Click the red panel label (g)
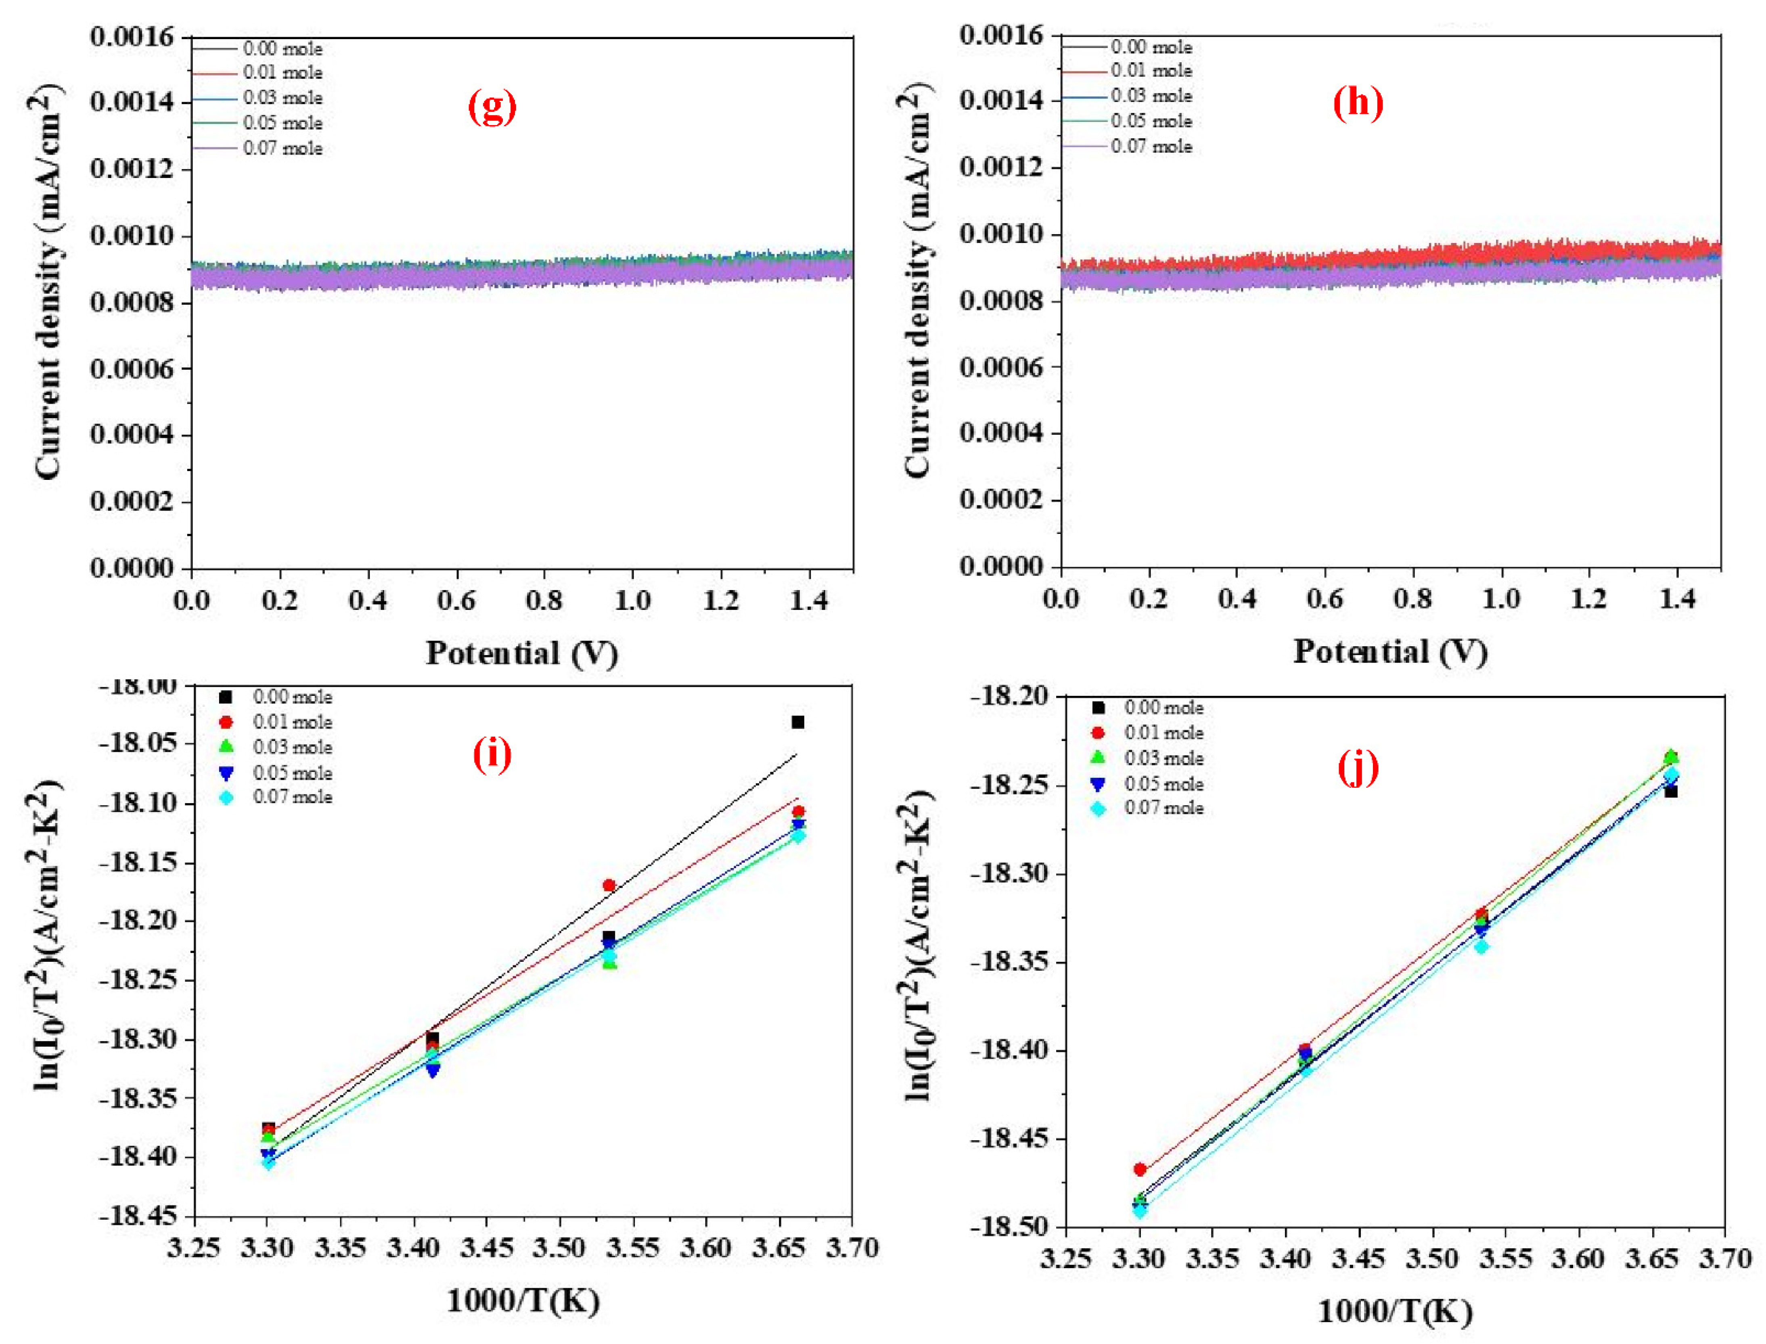pyautogui.click(x=492, y=107)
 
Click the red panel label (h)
pyautogui.click(x=1357, y=103)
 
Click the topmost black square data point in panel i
pyautogui.click(x=797, y=722)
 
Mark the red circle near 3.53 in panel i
pyautogui.click(x=609, y=886)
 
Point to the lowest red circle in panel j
pyautogui.click(x=1140, y=1170)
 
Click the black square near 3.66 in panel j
pyautogui.click(x=1671, y=791)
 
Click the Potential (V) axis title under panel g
pyautogui.click(x=521, y=653)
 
